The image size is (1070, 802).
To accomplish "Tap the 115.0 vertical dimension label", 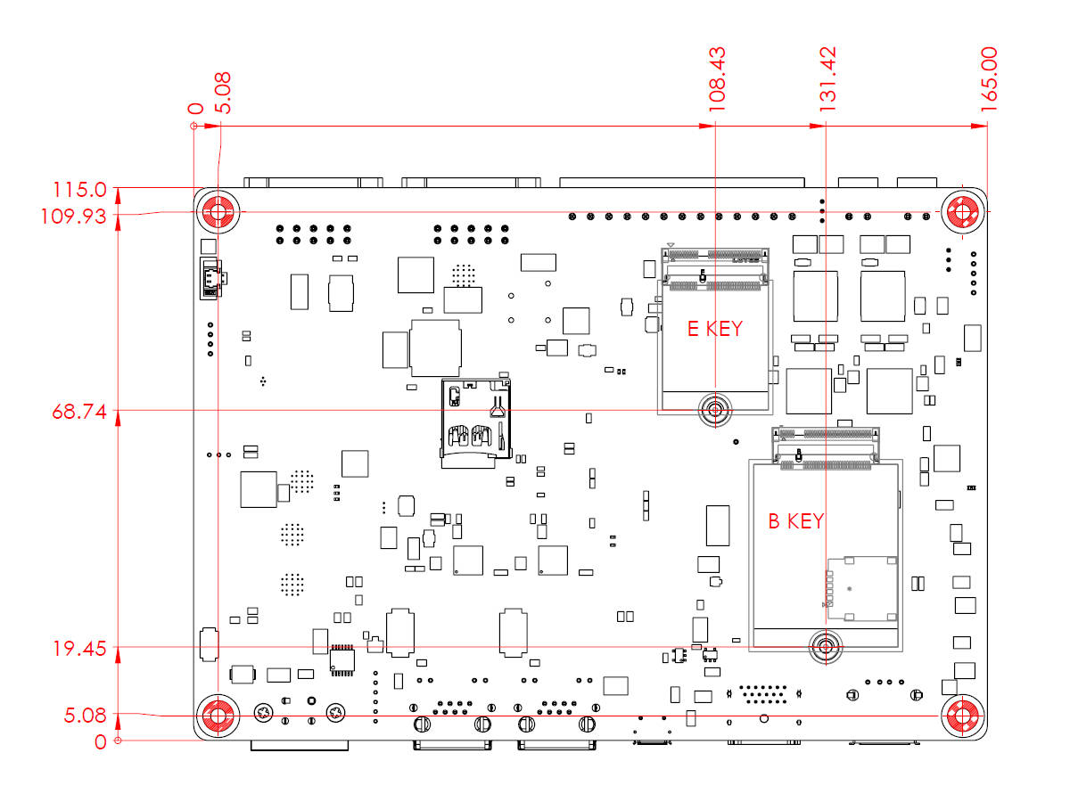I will pos(79,190).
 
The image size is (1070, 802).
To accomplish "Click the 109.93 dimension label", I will pos(79,216).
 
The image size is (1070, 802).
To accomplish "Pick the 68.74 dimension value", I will pos(79,413).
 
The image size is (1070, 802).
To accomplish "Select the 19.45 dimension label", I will pos(79,650).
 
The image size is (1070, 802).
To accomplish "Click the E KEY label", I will pos(714,328).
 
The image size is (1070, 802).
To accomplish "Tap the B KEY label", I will pos(796,520).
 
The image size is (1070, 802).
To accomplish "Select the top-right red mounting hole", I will pos(964,213).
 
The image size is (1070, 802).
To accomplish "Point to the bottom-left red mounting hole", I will pos(217,715).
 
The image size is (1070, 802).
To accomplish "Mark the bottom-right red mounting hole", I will pos(964,715).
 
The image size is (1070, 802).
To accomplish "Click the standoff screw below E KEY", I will pos(714,410).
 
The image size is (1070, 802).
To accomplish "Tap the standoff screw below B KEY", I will pos(826,647).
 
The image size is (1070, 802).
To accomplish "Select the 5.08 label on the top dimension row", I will pos(224,93).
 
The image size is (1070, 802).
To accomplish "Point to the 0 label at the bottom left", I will pos(101,741).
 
